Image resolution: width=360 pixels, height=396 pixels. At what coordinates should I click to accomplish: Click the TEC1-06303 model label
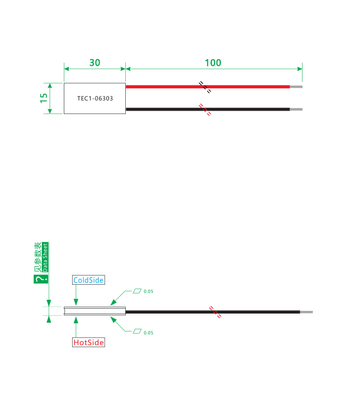point(95,98)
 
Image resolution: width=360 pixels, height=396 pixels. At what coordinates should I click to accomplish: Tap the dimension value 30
point(95,62)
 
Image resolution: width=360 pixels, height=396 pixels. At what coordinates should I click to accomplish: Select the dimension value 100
point(213,62)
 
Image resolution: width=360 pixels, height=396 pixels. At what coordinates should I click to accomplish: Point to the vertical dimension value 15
point(44,98)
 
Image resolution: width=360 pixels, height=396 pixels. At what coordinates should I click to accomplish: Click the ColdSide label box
point(88,280)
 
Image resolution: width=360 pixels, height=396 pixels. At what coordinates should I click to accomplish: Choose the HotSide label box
point(88,342)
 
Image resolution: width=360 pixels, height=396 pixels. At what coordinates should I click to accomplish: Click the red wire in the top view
point(208,87)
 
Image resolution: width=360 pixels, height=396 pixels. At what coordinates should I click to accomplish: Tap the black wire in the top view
point(208,109)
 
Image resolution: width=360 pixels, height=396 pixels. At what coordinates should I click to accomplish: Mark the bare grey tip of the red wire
point(296,87)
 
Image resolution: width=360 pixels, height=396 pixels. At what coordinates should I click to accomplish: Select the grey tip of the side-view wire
point(306,312)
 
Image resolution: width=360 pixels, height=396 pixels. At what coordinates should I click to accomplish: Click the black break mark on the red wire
point(205,87)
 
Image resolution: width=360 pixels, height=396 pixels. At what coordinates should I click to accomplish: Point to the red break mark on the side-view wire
point(215,312)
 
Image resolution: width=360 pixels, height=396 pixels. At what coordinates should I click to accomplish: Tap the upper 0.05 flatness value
point(149,291)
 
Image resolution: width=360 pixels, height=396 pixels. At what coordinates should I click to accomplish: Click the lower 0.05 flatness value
point(149,333)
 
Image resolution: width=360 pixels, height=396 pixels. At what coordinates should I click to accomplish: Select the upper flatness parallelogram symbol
point(137,291)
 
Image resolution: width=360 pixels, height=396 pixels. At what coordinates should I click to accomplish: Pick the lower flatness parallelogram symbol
point(137,331)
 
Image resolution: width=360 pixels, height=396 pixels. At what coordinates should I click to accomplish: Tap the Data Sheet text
point(45,257)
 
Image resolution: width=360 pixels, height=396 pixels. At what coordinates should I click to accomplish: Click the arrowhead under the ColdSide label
point(76,302)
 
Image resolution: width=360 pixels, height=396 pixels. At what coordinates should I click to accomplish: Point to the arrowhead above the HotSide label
point(76,320)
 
